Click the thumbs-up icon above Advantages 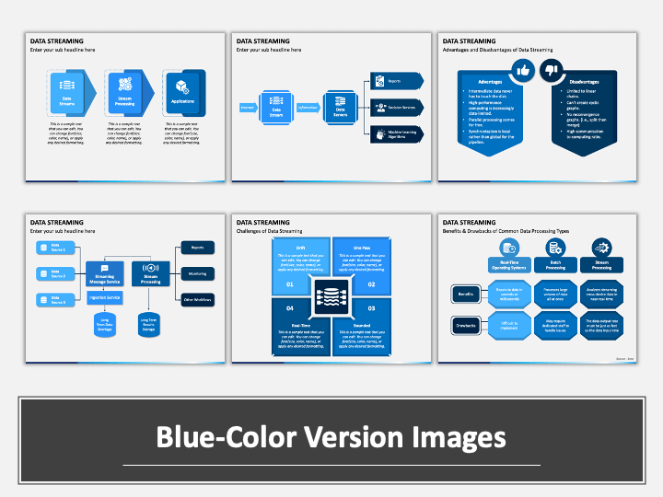click(x=523, y=70)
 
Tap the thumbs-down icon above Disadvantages click(x=552, y=70)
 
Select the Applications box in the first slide click(x=179, y=94)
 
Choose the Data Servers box click(x=341, y=107)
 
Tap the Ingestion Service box click(x=105, y=297)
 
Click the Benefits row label click(x=465, y=295)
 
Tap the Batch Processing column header click(x=555, y=265)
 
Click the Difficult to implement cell click(x=509, y=326)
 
